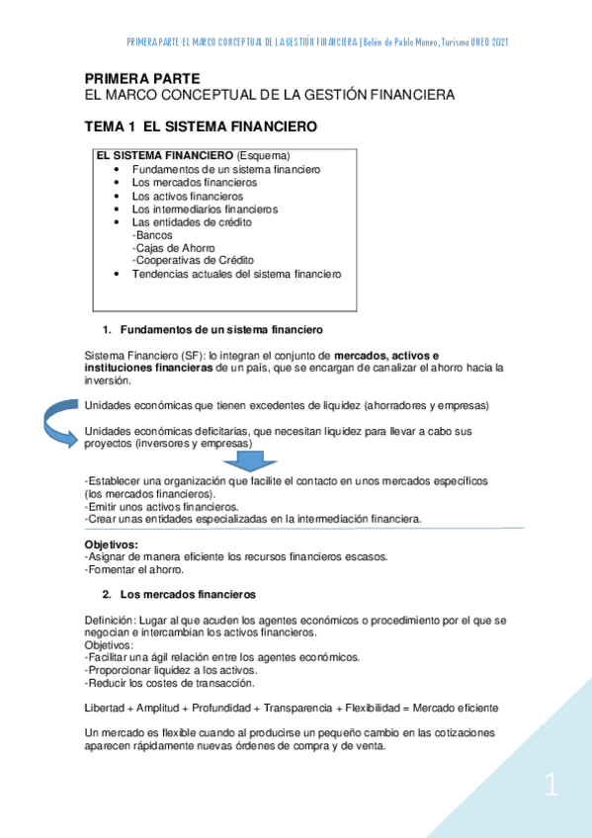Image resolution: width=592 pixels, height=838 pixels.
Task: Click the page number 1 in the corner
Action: click(x=551, y=787)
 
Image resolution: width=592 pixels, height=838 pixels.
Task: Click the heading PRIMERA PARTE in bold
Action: click(x=142, y=77)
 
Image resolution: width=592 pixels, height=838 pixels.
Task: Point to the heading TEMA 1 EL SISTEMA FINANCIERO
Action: click(x=201, y=127)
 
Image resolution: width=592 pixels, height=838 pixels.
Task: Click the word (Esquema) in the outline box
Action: click(x=264, y=156)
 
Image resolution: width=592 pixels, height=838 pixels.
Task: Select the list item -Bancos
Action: click(x=150, y=235)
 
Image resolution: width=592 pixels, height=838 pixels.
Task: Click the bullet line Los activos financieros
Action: click(x=187, y=196)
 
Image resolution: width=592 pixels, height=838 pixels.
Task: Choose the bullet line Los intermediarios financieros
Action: click(x=205, y=209)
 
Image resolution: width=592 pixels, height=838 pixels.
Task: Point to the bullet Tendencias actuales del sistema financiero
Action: click(x=236, y=274)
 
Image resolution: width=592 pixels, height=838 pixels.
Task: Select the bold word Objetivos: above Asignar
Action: click(x=112, y=545)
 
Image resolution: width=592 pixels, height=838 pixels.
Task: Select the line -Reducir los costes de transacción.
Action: click(x=170, y=683)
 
